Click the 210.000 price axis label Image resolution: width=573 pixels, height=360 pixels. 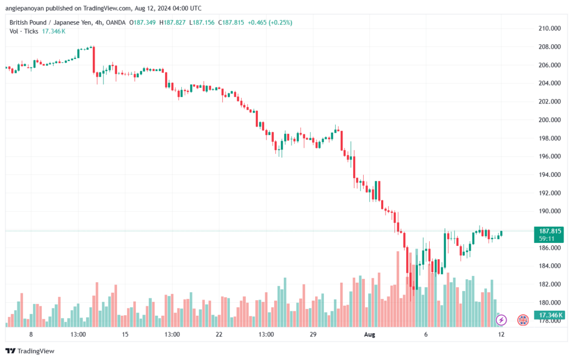[x=549, y=29]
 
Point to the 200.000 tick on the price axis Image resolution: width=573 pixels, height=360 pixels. [x=549, y=120]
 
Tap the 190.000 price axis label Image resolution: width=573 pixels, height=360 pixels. [x=549, y=211]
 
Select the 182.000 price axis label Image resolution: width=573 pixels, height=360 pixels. [x=549, y=284]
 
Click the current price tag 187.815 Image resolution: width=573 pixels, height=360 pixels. [x=549, y=231]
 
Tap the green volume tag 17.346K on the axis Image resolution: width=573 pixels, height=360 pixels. [x=550, y=315]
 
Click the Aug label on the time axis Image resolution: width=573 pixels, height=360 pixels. [x=369, y=334]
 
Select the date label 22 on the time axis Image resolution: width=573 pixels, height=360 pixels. [x=219, y=334]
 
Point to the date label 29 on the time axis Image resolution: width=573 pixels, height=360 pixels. [x=313, y=334]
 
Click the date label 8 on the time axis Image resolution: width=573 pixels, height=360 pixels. [x=31, y=334]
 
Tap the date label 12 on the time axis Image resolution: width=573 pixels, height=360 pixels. [x=501, y=334]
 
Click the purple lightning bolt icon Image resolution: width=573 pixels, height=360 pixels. [x=501, y=320]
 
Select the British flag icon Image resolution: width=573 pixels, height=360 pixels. [x=523, y=320]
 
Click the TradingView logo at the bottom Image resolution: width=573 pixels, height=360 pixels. [x=30, y=351]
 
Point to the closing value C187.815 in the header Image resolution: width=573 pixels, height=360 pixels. [x=231, y=22]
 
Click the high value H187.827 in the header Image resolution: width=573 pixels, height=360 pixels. [x=172, y=22]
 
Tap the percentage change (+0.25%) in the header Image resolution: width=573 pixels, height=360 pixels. [x=280, y=22]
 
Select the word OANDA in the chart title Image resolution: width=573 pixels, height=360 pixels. [x=115, y=22]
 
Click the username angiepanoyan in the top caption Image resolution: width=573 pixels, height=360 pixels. [x=25, y=8]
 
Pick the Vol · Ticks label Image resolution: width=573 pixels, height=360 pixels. [x=24, y=31]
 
